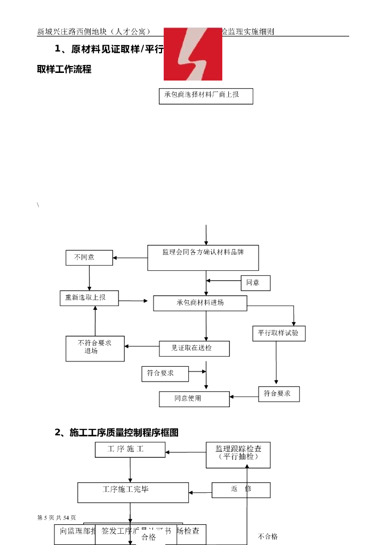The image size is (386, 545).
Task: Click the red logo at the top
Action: [192, 54]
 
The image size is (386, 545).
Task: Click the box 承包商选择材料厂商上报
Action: [206, 96]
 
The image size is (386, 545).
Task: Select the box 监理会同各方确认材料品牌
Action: [203, 258]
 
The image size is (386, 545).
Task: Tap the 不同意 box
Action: [90, 258]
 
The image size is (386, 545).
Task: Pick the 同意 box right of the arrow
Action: [255, 283]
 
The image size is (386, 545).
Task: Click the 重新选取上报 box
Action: [89, 298]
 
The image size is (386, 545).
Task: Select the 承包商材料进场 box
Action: [200, 303]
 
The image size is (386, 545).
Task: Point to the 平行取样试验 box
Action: [278, 334]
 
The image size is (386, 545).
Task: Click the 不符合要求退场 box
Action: [95, 349]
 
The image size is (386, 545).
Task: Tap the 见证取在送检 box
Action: [194, 349]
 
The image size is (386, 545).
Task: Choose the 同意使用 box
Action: [194, 399]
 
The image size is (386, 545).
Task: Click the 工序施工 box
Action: [130, 450]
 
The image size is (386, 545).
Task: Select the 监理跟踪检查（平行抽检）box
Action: [238, 455]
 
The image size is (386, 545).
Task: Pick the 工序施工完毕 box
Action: [133, 492]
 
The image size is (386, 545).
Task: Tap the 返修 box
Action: [241, 490]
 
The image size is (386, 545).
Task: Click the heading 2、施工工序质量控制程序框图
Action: [116, 433]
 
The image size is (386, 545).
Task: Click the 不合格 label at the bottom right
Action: [268, 536]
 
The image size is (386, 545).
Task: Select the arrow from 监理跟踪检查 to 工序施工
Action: [186, 452]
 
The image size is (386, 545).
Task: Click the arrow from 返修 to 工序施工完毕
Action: [200, 492]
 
